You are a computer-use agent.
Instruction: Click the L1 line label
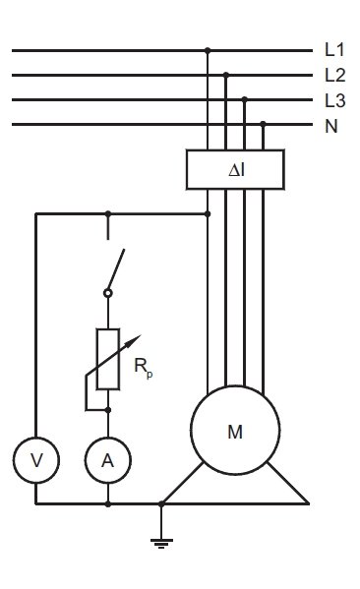[334, 50]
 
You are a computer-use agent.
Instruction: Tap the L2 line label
[334, 75]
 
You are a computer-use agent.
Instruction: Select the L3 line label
[334, 100]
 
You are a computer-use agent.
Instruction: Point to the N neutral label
[331, 126]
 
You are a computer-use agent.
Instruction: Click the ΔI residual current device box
[235, 169]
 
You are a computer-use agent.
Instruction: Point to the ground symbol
[161, 543]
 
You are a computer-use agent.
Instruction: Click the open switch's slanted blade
[116, 269]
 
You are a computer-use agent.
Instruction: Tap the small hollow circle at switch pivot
[108, 293]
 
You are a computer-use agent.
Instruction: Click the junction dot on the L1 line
[208, 50]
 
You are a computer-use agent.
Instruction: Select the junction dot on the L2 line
[226, 75]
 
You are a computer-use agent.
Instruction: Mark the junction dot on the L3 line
[245, 99]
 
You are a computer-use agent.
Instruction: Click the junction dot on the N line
[263, 124]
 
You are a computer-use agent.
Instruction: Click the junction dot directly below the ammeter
[108, 504]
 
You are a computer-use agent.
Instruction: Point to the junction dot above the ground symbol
[161, 504]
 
